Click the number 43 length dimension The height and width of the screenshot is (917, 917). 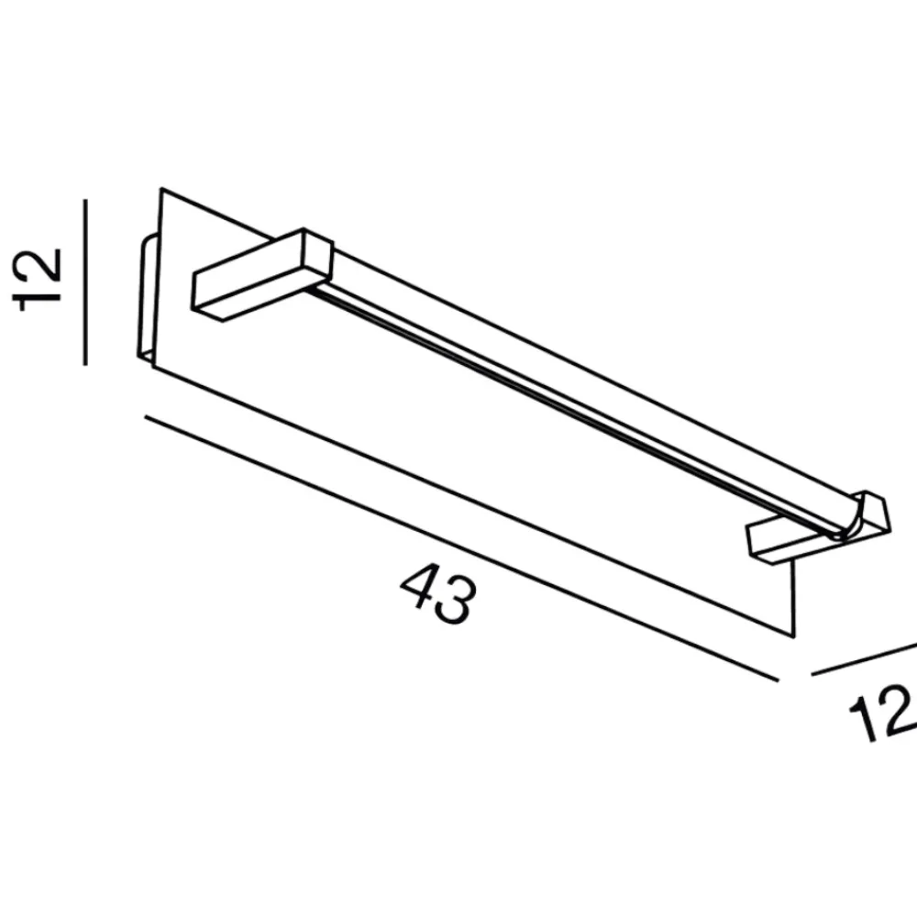437,592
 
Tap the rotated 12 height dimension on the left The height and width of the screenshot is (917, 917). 37,280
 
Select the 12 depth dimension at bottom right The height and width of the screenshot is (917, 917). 883,713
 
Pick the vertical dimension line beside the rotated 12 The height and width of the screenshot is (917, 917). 85,282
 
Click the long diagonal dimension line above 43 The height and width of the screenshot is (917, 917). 462,548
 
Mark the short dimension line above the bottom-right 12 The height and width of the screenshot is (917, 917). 865,659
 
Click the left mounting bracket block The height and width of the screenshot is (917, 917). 262,274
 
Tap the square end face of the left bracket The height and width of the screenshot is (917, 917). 318,256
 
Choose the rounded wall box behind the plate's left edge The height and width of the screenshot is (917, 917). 147,297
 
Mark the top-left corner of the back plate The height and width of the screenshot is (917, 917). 161,188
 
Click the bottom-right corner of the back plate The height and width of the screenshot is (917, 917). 793,637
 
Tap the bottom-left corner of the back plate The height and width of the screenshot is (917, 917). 152,368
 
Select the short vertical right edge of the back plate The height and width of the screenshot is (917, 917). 793,598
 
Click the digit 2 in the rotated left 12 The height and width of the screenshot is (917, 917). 37,266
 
